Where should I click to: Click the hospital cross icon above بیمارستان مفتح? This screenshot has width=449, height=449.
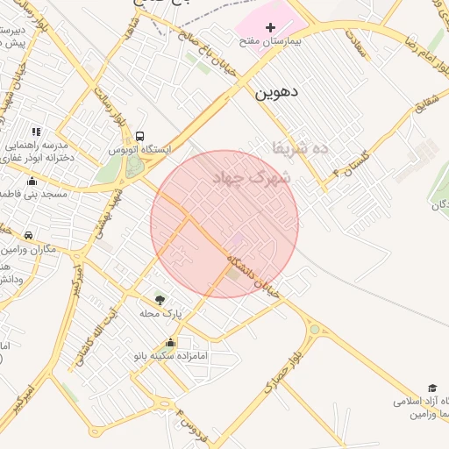[x=270, y=28]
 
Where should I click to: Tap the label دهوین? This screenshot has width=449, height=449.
[x=277, y=91]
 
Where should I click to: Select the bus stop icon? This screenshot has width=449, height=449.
[x=139, y=136]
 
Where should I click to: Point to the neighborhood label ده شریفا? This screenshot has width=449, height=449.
[x=300, y=148]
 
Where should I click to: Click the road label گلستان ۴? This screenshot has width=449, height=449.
[x=352, y=163]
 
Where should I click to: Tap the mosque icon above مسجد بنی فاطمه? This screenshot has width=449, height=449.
[x=32, y=182]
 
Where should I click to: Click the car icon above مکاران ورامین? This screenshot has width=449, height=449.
[x=29, y=235]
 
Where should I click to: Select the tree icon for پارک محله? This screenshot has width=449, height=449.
[x=159, y=300]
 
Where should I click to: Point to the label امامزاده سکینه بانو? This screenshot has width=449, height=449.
[x=169, y=356]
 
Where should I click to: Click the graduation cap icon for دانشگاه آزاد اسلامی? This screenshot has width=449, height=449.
[x=431, y=388]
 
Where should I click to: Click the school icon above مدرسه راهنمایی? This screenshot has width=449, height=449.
[x=36, y=132]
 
